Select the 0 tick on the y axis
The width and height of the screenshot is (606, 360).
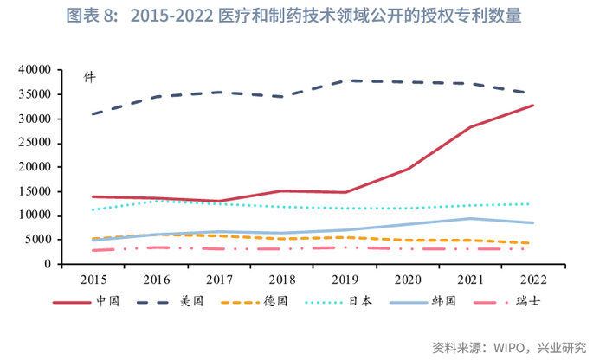49,264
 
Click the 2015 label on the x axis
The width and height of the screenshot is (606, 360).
92,280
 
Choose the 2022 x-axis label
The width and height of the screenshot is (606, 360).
532,280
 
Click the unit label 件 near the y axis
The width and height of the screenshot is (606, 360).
89,77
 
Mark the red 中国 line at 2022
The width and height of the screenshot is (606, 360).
532,106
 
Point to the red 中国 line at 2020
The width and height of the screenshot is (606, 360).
407,169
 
